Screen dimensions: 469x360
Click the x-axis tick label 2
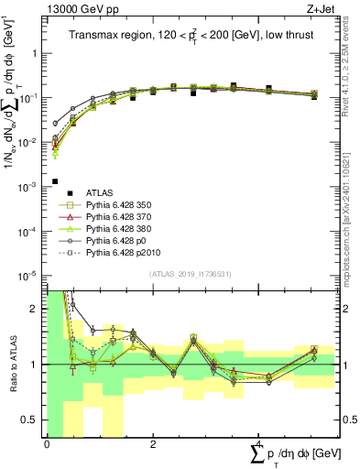(152, 443)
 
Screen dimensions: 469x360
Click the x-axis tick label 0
(47, 443)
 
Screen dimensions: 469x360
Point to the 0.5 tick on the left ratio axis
(34, 419)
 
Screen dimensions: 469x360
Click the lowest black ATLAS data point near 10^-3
(56, 181)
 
